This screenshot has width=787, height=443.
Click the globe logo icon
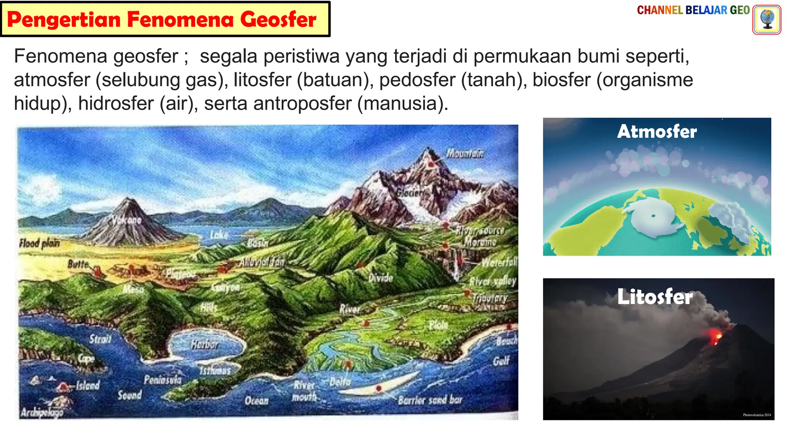767,20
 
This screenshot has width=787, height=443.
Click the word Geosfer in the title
278,20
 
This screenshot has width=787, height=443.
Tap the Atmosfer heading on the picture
657,132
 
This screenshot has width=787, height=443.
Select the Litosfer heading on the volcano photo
655,296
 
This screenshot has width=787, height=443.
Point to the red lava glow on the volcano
715,336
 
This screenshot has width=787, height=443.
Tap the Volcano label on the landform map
127,220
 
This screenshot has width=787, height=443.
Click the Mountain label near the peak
465,154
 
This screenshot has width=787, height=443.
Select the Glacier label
410,193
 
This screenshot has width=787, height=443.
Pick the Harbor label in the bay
205,345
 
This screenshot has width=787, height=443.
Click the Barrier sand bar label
430,400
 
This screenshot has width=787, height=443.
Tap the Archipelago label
42,413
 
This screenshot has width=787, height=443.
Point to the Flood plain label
40,243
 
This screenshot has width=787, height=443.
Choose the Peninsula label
163,380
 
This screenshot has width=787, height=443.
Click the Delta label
340,381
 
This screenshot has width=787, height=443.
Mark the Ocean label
257,401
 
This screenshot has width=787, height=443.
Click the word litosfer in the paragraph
262,80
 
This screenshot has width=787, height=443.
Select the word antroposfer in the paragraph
302,103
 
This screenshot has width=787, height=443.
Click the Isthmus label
215,370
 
